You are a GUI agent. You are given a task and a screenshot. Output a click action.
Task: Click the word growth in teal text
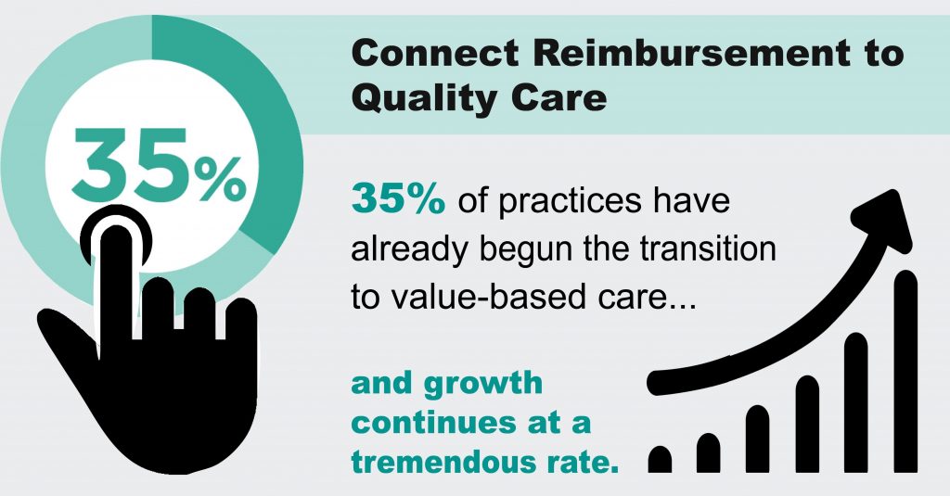(482, 385)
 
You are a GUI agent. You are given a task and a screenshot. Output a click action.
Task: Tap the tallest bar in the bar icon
(905, 371)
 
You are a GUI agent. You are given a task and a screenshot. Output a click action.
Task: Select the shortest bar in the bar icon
(660, 459)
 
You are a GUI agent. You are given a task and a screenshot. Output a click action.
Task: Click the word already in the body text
(408, 249)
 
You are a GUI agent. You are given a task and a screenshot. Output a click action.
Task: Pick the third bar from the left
(757, 439)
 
